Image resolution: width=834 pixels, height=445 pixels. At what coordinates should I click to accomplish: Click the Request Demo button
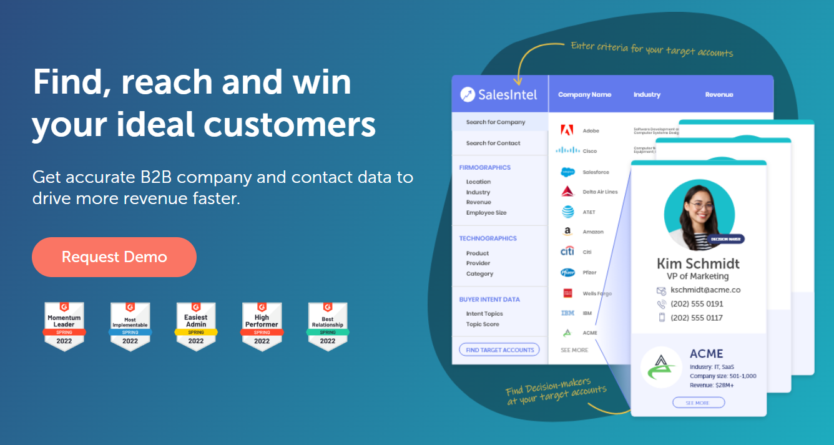tap(114, 257)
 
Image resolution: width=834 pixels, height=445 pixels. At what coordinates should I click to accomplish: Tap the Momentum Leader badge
tap(64, 325)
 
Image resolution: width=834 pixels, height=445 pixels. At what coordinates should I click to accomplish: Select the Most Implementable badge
tap(130, 325)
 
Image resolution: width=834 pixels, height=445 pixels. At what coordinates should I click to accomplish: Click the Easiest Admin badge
tap(196, 325)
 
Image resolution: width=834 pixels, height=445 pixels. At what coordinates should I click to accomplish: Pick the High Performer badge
tap(262, 325)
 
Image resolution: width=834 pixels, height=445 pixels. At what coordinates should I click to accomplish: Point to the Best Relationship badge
tap(328, 325)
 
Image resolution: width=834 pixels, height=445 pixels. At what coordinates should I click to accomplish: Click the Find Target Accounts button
tap(499, 350)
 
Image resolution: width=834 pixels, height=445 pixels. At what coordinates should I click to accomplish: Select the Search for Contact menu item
tap(493, 143)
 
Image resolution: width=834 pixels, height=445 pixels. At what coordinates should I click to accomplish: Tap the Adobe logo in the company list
tap(567, 130)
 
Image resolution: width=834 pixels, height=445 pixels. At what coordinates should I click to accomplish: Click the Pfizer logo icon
tap(567, 273)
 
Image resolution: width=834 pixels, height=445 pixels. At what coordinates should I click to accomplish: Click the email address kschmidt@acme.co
tap(705, 290)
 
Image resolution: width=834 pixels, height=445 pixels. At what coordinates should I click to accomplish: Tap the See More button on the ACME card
tap(698, 403)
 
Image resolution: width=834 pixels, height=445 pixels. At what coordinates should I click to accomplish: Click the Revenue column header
tap(719, 95)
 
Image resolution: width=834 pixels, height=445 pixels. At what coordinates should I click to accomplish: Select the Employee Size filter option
tap(486, 213)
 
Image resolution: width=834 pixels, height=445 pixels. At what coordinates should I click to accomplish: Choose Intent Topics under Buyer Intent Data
tap(484, 314)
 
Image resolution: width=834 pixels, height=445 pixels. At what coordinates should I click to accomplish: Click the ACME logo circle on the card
tap(661, 367)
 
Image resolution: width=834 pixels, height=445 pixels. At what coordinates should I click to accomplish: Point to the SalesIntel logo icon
tap(468, 95)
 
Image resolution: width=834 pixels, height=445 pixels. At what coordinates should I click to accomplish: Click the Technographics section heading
tap(488, 238)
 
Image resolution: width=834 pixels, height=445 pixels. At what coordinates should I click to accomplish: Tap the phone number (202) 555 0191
tap(697, 304)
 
